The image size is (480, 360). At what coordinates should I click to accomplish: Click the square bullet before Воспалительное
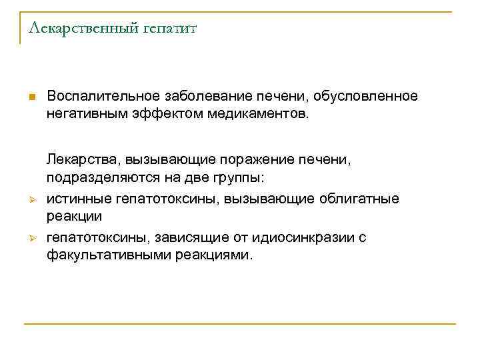pos(31,97)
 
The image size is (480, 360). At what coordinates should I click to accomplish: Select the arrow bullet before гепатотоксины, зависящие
pos(31,238)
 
